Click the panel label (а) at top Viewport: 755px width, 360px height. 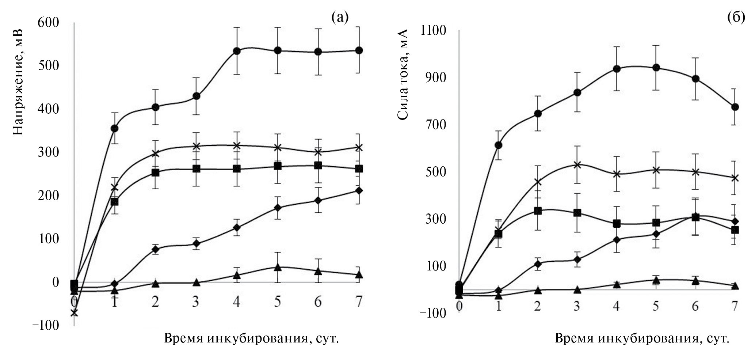pyautogui.click(x=340, y=17)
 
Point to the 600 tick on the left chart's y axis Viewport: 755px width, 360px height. pyautogui.click(x=48, y=23)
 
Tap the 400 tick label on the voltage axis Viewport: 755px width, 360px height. pyautogui.click(x=48, y=109)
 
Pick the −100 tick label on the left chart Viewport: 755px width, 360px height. pyautogui.click(x=45, y=325)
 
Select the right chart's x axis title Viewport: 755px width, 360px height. pyautogui.click(x=642, y=338)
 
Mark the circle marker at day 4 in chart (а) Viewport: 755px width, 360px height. pyautogui.click(x=237, y=51)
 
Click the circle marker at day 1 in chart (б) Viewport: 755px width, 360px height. pyautogui.click(x=498, y=145)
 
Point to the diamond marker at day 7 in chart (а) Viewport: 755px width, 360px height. pyautogui.click(x=359, y=190)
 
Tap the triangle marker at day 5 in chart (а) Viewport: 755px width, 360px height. pyautogui.click(x=278, y=268)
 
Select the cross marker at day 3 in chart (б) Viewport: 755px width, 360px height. pyautogui.click(x=577, y=165)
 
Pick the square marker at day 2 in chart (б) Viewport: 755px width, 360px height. pyautogui.click(x=538, y=211)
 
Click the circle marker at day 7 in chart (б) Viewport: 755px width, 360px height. pyautogui.click(x=735, y=107)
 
